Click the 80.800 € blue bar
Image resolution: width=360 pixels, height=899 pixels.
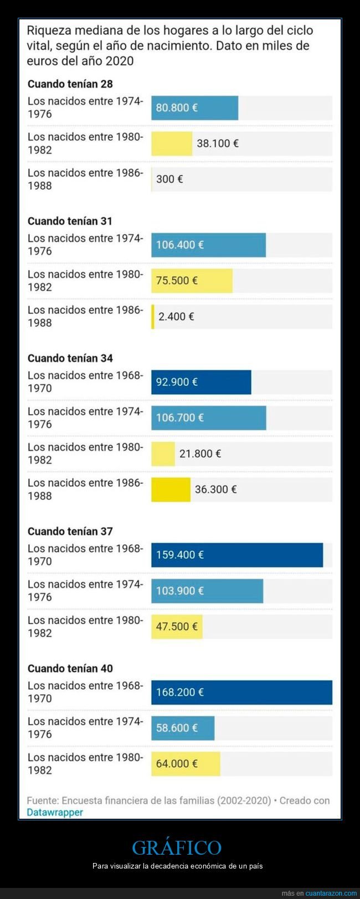pyautogui.click(x=194, y=108)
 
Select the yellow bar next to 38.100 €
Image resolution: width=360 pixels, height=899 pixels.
pyautogui.click(x=172, y=143)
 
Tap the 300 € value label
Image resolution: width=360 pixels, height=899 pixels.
pyautogui.click(x=169, y=179)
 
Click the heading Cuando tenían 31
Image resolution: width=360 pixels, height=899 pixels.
pyautogui.click(x=70, y=221)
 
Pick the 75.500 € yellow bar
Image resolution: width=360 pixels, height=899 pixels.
pyautogui.click(x=192, y=281)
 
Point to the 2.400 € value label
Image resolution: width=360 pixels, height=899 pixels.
pyautogui.click(x=176, y=317)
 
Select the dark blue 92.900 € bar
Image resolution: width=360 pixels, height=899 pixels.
pyautogui.click(x=201, y=382)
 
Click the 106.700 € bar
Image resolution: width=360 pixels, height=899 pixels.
pyautogui.click(x=208, y=418)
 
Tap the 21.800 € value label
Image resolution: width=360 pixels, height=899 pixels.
pyautogui.click(x=200, y=454)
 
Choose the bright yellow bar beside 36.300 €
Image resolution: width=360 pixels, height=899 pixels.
pyautogui.click(x=171, y=489)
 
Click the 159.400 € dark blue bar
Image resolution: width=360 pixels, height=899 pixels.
pyautogui.click(x=236, y=555)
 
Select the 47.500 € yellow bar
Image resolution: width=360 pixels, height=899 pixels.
pyautogui.click(x=177, y=627)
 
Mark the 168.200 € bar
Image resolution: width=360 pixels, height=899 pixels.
pyautogui.click(x=241, y=692)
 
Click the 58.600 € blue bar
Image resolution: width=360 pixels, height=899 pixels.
pyautogui.click(x=183, y=728)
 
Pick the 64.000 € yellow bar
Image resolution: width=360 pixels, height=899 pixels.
pyautogui.click(x=186, y=764)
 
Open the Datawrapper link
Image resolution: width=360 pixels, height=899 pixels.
pyautogui.click(x=55, y=812)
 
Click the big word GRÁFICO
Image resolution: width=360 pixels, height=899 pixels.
pyautogui.click(x=177, y=848)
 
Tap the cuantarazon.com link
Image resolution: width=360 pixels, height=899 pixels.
pyautogui.click(x=331, y=893)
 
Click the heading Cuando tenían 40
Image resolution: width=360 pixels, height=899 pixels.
pyautogui.click(x=70, y=668)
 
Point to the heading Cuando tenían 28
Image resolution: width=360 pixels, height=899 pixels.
pyautogui.click(x=70, y=84)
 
